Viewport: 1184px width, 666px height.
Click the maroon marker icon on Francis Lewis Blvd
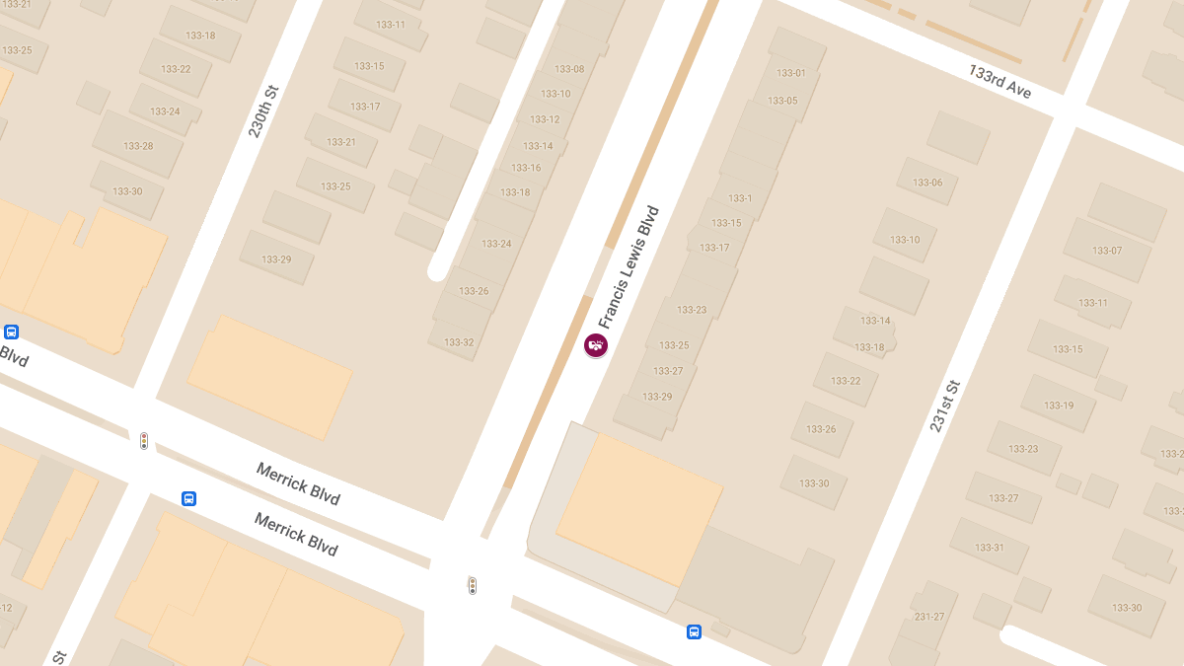tap(596, 345)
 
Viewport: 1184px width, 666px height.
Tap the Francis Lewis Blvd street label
tap(628, 266)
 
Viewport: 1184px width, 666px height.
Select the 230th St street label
tap(263, 111)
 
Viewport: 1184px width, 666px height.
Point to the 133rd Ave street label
tap(999, 82)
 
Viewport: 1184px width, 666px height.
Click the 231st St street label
tap(944, 405)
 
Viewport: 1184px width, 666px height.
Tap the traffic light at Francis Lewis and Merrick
tap(473, 585)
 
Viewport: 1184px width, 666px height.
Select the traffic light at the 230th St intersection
tap(144, 441)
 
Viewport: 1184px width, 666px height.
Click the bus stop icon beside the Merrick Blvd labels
tap(188, 498)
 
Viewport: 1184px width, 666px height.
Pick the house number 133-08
tap(569, 69)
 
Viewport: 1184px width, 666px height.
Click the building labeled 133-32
tap(459, 342)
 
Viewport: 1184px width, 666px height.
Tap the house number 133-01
tap(791, 73)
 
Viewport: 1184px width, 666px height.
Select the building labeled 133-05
tap(782, 101)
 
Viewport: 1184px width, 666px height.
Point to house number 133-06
tap(927, 183)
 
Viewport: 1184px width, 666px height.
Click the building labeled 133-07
tap(1107, 251)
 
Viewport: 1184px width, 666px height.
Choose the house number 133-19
tap(1059, 406)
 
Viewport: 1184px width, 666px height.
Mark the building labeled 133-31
tap(990, 548)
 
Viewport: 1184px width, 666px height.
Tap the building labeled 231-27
tap(929, 617)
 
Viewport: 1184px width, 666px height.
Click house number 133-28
tap(138, 146)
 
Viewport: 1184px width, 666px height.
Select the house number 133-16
tap(526, 168)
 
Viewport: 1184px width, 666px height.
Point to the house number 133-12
tap(545, 119)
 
